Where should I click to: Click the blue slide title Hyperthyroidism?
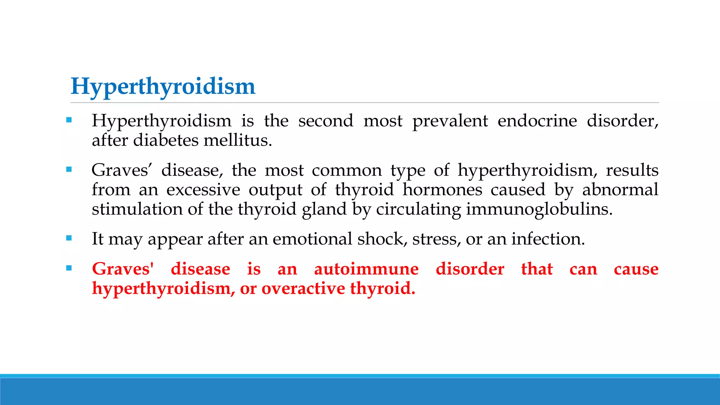pos(163,86)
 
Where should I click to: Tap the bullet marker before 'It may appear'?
pos(69,238)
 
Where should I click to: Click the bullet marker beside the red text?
pos(69,268)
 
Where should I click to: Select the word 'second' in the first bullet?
pos(326,121)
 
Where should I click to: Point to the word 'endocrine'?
pos(537,121)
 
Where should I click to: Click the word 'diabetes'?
pos(166,140)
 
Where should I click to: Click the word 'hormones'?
pos(442,190)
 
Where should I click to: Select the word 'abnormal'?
pos(620,190)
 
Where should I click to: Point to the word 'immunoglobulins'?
pos(539,210)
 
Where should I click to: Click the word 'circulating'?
pos(418,210)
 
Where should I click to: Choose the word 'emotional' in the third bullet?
pos(312,239)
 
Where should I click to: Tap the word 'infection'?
pos(548,239)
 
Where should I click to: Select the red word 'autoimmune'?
pos(366,269)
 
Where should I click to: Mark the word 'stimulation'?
pos(137,210)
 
